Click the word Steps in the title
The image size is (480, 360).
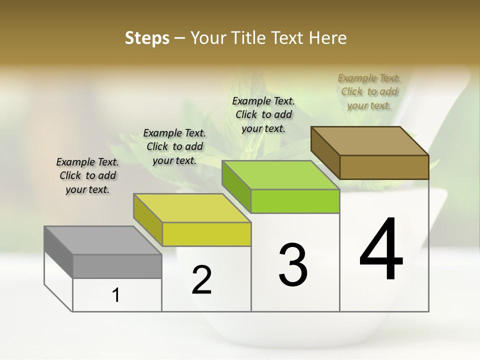coord(147,38)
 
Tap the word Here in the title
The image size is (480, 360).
coord(327,38)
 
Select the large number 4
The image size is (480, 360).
coord(381,250)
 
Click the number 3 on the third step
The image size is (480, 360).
coord(293,265)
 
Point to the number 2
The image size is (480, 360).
coord(201,280)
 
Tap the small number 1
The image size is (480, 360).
coord(116,295)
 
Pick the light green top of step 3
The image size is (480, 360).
coord(280,175)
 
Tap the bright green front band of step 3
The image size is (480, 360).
coord(295,201)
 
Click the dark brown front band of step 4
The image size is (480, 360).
coord(384,167)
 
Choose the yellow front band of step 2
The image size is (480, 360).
coord(206,234)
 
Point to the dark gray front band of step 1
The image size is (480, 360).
coord(117,266)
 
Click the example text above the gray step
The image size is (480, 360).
coord(87,175)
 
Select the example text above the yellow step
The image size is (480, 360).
coord(174,146)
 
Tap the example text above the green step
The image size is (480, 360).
coord(263,114)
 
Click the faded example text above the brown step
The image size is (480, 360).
coord(369,91)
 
